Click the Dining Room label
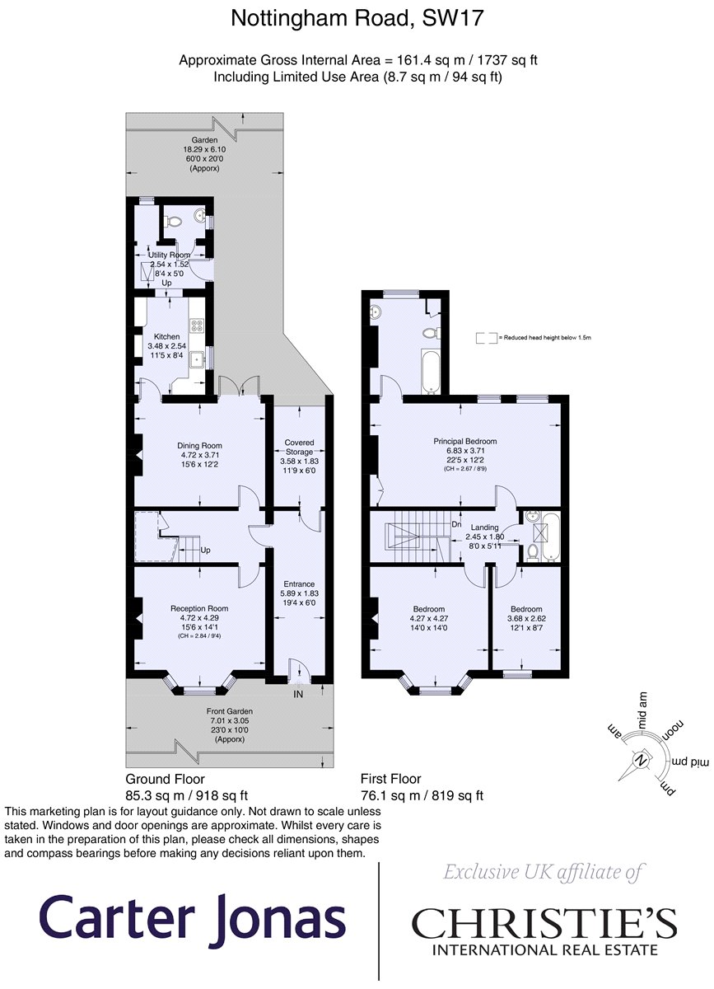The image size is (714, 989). pyautogui.click(x=199, y=446)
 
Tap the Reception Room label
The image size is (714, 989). pyautogui.click(x=199, y=608)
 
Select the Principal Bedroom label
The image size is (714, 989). pyautogui.click(x=464, y=441)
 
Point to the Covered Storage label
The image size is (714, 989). pyautogui.click(x=299, y=447)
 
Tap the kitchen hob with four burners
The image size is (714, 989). pyautogui.click(x=196, y=326)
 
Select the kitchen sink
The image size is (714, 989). pyautogui.click(x=195, y=360)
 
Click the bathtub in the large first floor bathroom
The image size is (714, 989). pyautogui.click(x=431, y=372)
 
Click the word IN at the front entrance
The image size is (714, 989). pyautogui.click(x=298, y=695)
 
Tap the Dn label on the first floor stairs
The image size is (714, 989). pyautogui.click(x=456, y=524)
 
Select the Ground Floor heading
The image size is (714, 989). pyautogui.click(x=165, y=778)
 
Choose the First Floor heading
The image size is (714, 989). pyautogui.click(x=391, y=778)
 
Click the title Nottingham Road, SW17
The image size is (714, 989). pyautogui.click(x=357, y=18)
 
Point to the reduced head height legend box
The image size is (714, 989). pyautogui.click(x=487, y=338)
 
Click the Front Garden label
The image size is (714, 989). pyautogui.click(x=230, y=711)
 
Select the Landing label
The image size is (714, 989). pyautogui.click(x=484, y=527)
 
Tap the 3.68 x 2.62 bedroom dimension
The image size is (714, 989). pyautogui.click(x=526, y=618)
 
